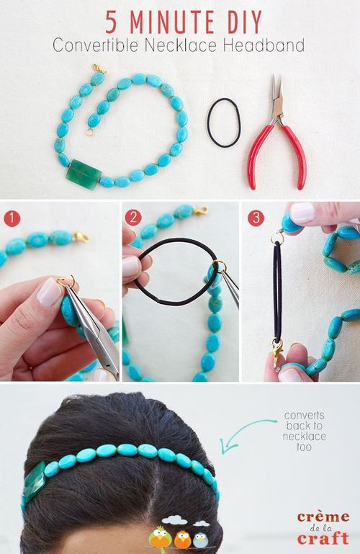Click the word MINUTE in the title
point(172,22)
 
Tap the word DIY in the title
point(244,22)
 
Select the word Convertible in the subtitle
point(95,46)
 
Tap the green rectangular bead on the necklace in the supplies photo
point(84,174)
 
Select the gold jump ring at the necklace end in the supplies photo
point(89,133)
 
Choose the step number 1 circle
point(12,218)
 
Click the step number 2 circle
point(133,218)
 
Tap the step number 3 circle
point(256,218)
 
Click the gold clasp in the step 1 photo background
point(81,237)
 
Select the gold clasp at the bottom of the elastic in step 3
point(277,352)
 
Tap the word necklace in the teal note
point(305,437)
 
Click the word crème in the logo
point(323,517)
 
